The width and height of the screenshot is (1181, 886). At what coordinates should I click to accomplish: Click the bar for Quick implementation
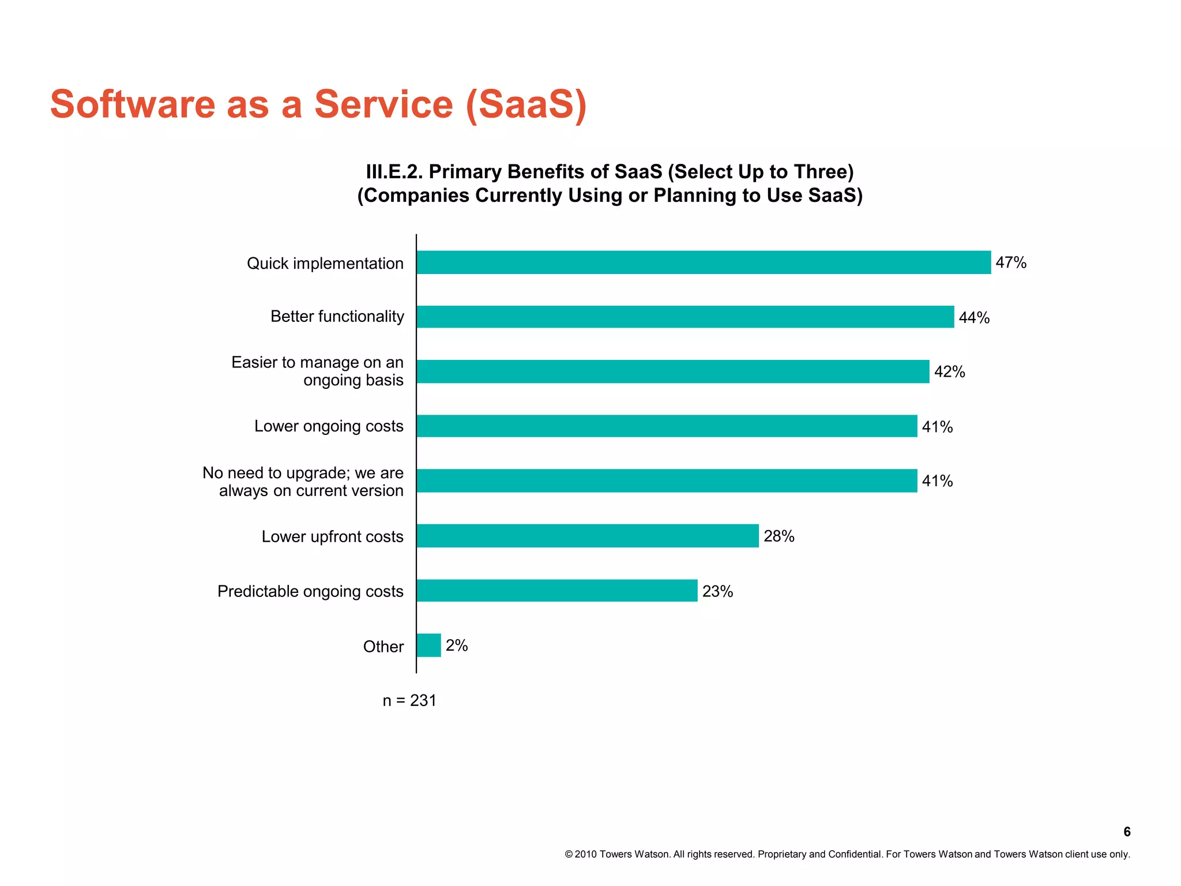[704, 262]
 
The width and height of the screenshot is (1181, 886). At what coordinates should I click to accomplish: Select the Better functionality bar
[685, 317]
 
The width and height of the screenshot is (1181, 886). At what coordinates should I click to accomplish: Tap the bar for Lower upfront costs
[587, 536]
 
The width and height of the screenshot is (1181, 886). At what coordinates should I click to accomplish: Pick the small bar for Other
[428, 645]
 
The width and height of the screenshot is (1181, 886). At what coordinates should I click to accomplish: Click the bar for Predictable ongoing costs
[556, 591]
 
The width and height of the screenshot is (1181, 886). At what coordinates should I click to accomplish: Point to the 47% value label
[1011, 262]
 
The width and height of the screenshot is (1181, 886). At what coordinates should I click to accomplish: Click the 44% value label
[974, 318]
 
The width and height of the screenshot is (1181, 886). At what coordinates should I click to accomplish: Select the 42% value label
[949, 372]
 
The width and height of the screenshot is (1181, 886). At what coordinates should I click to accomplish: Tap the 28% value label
[779, 536]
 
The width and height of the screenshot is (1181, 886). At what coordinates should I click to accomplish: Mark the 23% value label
[717, 591]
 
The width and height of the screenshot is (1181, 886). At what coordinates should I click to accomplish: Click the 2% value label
[457, 645]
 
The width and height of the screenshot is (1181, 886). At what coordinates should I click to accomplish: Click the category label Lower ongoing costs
[329, 426]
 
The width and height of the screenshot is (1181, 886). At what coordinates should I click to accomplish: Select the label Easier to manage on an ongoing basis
[317, 371]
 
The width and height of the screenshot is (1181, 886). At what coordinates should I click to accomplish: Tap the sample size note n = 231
[409, 700]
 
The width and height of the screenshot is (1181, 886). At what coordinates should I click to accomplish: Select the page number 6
[1127, 832]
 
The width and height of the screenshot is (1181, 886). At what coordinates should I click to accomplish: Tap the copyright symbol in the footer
[569, 854]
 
